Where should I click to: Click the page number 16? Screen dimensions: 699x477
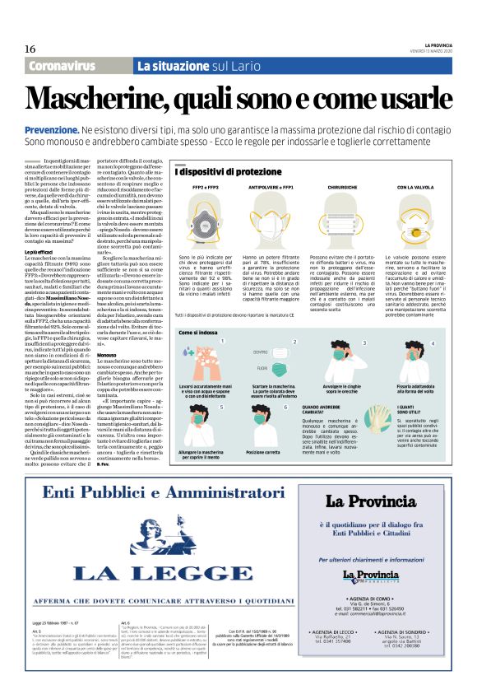30,48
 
